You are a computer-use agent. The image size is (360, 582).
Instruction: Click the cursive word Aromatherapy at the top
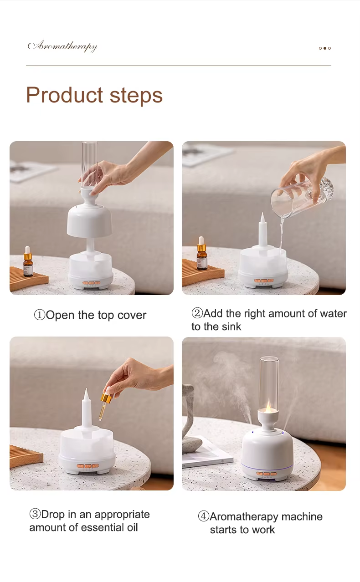tap(62, 46)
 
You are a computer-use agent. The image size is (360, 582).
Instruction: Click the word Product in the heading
tap(64, 95)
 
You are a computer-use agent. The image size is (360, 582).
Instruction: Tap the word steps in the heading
tap(136, 96)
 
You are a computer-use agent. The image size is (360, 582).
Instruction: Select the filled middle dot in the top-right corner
tap(324, 48)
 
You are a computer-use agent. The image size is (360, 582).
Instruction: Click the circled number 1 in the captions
tap(40, 315)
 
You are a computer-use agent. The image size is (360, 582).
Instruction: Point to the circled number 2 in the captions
tap(197, 313)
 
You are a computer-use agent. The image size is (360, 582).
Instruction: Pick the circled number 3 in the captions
tap(35, 514)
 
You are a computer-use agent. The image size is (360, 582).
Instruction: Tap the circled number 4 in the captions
tap(204, 516)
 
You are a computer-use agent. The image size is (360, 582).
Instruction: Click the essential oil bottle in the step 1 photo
tap(28, 261)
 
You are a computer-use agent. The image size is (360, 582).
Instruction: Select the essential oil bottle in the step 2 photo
tap(201, 253)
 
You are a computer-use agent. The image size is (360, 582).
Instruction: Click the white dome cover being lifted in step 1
tap(90, 214)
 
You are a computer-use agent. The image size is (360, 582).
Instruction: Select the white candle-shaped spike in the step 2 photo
tap(262, 230)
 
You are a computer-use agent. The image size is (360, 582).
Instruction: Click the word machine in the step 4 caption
tap(302, 516)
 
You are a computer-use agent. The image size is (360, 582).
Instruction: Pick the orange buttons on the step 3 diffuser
tap(88, 466)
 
